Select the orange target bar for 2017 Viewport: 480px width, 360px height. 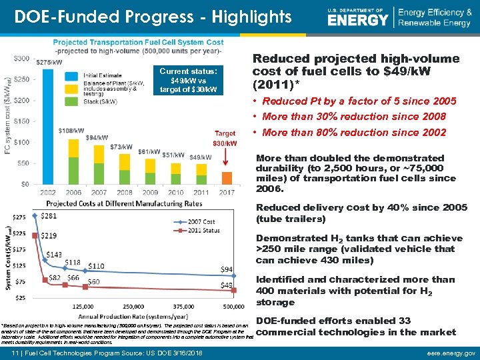[x=227, y=177]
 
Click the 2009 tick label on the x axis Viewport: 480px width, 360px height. [x=150, y=192]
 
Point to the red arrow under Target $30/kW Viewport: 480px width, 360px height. [x=227, y=161]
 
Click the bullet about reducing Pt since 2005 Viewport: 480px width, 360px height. [x=359, y=101]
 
